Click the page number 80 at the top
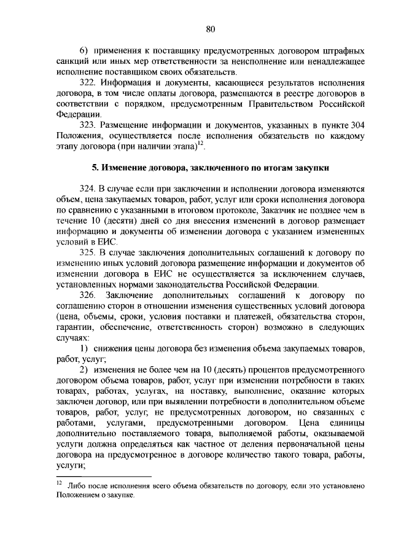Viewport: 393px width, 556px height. click(210, 28)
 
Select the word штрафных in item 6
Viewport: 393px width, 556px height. click(343, 49)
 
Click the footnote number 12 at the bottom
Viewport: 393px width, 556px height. click(59, 484)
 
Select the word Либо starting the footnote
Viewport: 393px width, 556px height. click(81, 486)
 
